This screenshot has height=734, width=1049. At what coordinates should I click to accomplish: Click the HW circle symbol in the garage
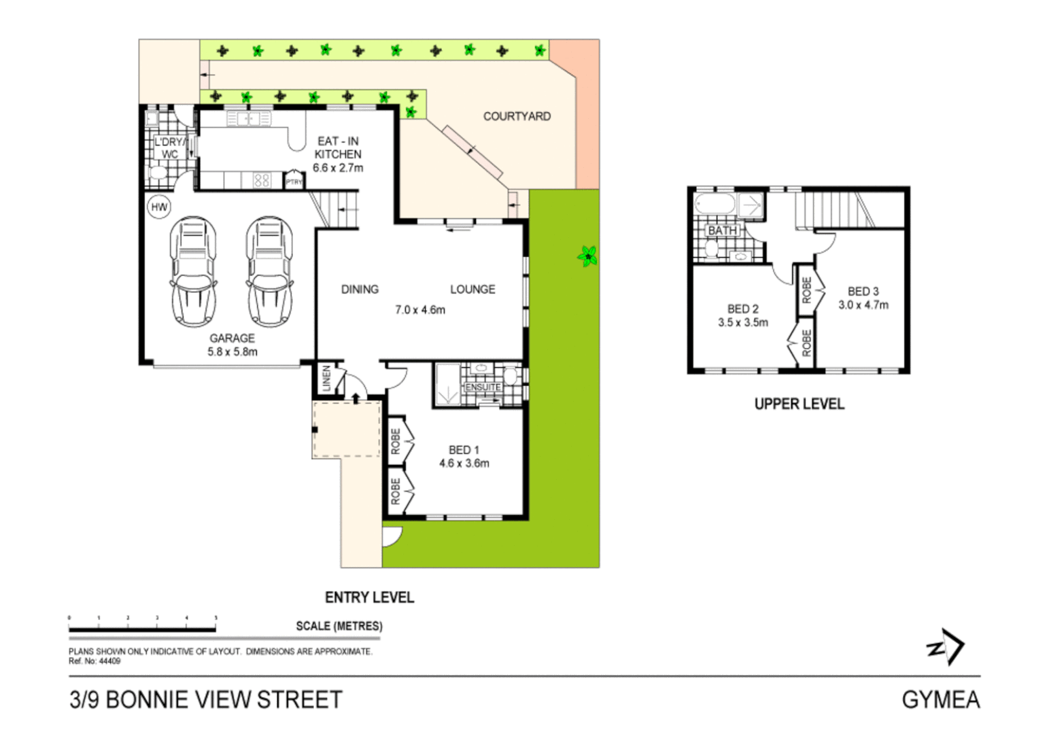(x=159, y=207)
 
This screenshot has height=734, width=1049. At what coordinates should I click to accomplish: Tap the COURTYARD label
(x=517, y=116)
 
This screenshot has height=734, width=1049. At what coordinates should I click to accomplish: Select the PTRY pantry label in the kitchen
(x=294, y=182)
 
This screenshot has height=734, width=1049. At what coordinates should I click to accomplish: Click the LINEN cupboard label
(x=326, y=379)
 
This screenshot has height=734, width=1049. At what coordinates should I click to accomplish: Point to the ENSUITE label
(x=483, y=387)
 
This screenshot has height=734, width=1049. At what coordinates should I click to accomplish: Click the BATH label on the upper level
(x=722, y=230)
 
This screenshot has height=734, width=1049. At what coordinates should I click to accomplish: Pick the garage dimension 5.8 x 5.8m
(x=233, y=352)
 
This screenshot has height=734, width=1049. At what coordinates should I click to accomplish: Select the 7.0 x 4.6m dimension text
(x=420, y=310)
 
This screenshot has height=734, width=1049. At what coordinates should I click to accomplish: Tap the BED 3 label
(x=863, y=291)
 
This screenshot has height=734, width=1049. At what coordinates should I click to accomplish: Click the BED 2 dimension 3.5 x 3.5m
(x=743, y=323)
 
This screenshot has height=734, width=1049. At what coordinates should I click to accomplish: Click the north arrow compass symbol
(x=946, y=646)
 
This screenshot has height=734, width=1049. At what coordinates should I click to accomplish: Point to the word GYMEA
(x=940, y=700)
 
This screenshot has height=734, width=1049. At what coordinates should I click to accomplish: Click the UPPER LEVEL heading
(x=799, y=404)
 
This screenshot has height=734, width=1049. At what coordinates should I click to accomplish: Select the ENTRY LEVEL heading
(x=369, y=597)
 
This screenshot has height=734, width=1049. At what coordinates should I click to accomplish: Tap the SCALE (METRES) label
(x=339, y=626)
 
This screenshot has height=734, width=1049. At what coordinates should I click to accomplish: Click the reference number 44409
(x=109, y=661)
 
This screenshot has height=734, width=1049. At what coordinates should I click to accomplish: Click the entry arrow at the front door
(x=356, y=398)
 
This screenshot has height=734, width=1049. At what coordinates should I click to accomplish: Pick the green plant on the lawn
(x=587, y=256)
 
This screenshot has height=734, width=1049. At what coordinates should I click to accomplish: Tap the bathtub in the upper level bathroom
(x=715, y=205)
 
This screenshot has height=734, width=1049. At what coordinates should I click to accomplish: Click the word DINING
(x=360, y=290)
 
